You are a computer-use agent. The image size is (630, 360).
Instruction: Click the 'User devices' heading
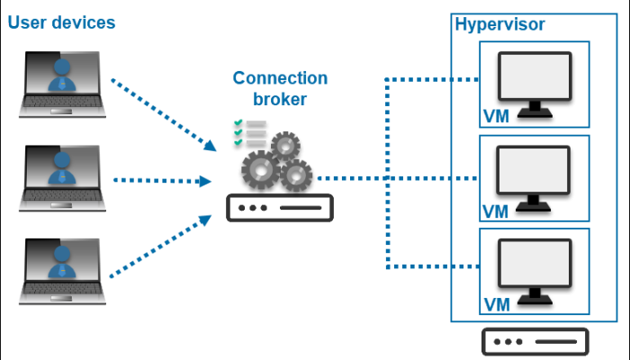61,22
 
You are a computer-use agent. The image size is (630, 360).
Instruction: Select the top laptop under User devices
62,85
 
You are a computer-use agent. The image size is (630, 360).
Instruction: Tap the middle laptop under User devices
62,178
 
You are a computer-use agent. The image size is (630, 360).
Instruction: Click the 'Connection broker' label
280,88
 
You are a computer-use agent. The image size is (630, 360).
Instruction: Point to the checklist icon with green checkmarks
249,131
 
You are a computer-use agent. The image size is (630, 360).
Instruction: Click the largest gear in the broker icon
261,169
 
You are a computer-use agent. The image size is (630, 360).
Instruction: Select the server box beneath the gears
279,207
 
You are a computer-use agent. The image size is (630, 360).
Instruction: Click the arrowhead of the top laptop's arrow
211,146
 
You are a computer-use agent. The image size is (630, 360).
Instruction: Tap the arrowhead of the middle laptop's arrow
206,181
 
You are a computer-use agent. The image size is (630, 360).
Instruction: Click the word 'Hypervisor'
499,24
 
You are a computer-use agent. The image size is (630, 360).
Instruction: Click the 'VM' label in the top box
496,117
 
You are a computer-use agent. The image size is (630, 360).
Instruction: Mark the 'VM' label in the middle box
495,211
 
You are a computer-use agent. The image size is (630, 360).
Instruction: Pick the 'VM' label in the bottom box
496,305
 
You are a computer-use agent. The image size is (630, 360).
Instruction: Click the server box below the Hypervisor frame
535,342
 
